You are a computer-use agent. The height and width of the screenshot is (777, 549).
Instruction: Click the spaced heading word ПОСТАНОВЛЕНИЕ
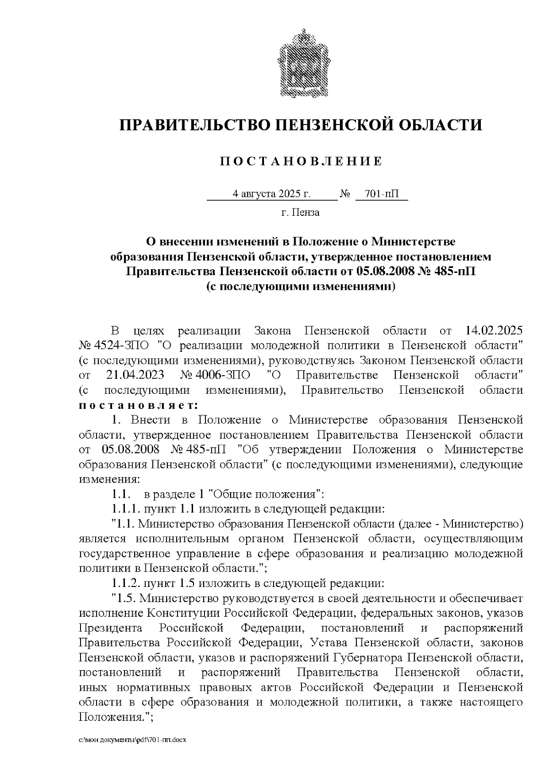[301, 162]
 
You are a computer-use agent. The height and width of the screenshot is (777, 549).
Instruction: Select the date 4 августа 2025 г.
[272, 194]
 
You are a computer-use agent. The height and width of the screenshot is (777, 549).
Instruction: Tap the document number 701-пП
[381, 194]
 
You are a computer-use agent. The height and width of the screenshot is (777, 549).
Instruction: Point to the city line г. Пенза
[300, 212]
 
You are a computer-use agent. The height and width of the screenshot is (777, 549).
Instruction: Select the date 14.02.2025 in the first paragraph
[494, 331]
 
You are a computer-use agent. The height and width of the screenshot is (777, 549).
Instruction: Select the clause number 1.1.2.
[126, 584]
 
